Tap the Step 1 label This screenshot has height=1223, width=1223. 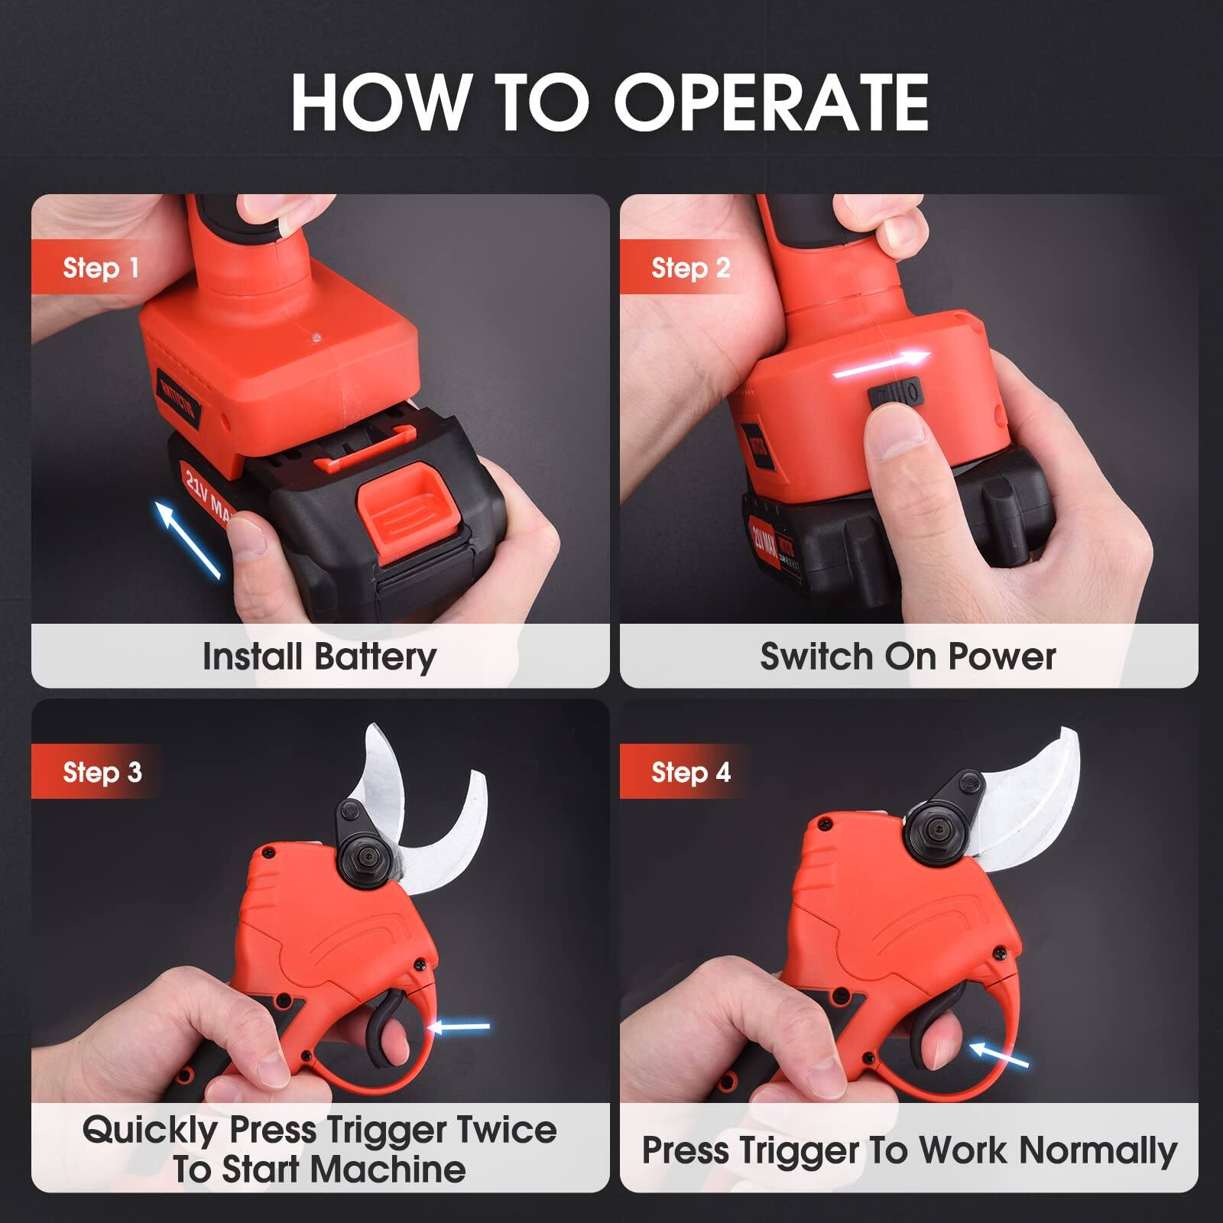pyautogui.click(x=101, y=268)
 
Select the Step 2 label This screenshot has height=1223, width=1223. pyautogui.click(x=690, y=268)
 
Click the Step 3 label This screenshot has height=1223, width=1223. pyautogui.click(x=102, y=772)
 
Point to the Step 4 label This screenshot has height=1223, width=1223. pyautogui.click(x=690, y=772)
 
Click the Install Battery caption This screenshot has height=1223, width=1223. pyautogui.click(x=320, y=657)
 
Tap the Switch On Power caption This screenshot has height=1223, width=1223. pyautogui.click(x=908, y=657)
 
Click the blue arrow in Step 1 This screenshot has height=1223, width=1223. pyautogui.click(x=189, y=539)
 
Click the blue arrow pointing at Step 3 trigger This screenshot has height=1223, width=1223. pyautogui.click(x=461, y=1027)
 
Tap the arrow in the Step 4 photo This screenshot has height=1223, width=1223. pyautogui.click(x=1000, y=1056)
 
